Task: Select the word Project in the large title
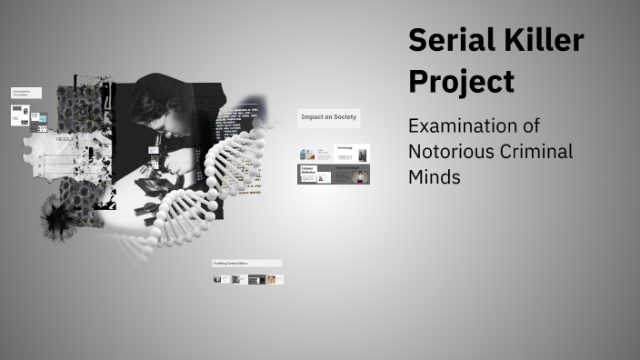coord(461,81)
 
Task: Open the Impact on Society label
coord(328,117)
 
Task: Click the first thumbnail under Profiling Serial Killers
coord(219,279)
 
